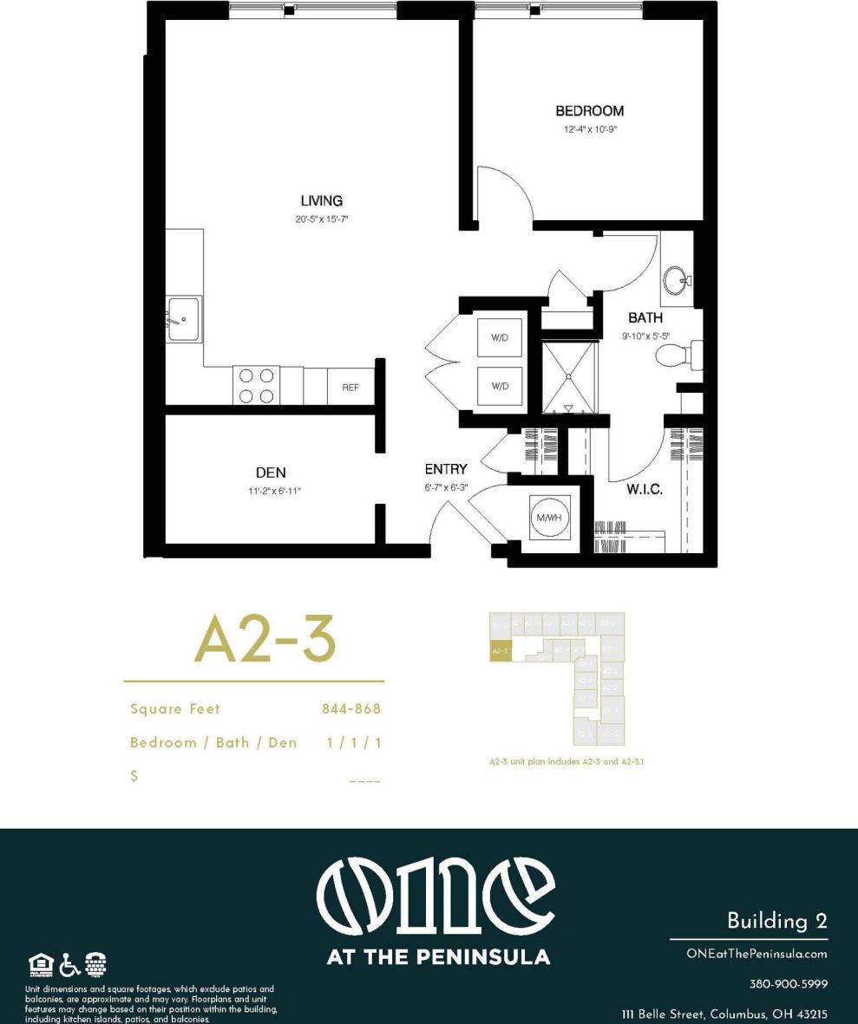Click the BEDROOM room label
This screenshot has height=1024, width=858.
coord(589,111)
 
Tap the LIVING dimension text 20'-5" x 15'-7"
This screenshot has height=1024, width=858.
coord(322,219)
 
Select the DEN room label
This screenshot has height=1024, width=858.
coord(271,473)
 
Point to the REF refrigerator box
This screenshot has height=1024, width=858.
coord(350,387)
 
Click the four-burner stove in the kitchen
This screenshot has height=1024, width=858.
coord(256,386)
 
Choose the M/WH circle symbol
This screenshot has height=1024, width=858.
coord(550,517)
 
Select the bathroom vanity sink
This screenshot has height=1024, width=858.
coord(676,280)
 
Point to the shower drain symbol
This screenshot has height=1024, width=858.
coord(568,376)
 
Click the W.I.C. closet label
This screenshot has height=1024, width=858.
coord(645,490)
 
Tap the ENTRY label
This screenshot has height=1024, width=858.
coord(446,469)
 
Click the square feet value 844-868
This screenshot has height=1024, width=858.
coord(351,708)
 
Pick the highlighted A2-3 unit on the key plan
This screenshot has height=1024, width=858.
coord(500,650)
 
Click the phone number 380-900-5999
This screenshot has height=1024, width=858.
coord(788,984)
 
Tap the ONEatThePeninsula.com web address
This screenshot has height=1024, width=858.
coord(756,954)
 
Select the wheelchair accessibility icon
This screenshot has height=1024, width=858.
coord(69,963)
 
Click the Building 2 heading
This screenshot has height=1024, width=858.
coord(776,920)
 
